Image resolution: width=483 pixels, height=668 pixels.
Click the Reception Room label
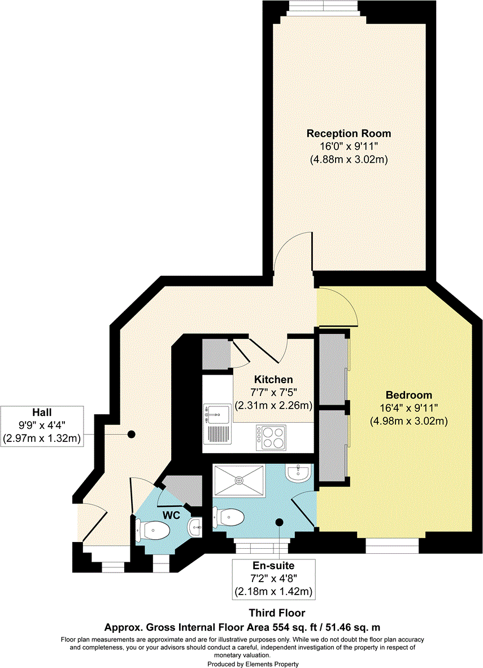tap(348, 133)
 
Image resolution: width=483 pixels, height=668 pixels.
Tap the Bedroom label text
tap(408, 395)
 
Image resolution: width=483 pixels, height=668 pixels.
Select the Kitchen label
tap(273, 379)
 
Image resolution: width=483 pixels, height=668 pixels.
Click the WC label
tap(171, 515)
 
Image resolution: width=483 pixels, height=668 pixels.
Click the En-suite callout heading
tap(274, 565)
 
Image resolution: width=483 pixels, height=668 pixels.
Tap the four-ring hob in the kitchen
tap(272, 436)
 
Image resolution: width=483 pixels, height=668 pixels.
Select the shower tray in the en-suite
tap(240, 480)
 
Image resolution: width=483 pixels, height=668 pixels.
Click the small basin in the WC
tap(195, 527)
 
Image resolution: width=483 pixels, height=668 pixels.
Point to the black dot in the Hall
tap(131, 434)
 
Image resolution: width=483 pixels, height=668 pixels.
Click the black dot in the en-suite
tap(279, 522)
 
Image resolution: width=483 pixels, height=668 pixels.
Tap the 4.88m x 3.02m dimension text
tap(348, 160)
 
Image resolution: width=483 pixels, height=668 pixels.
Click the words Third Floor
tap(277, 613)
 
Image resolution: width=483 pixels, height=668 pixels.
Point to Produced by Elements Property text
tap(253, 663)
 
